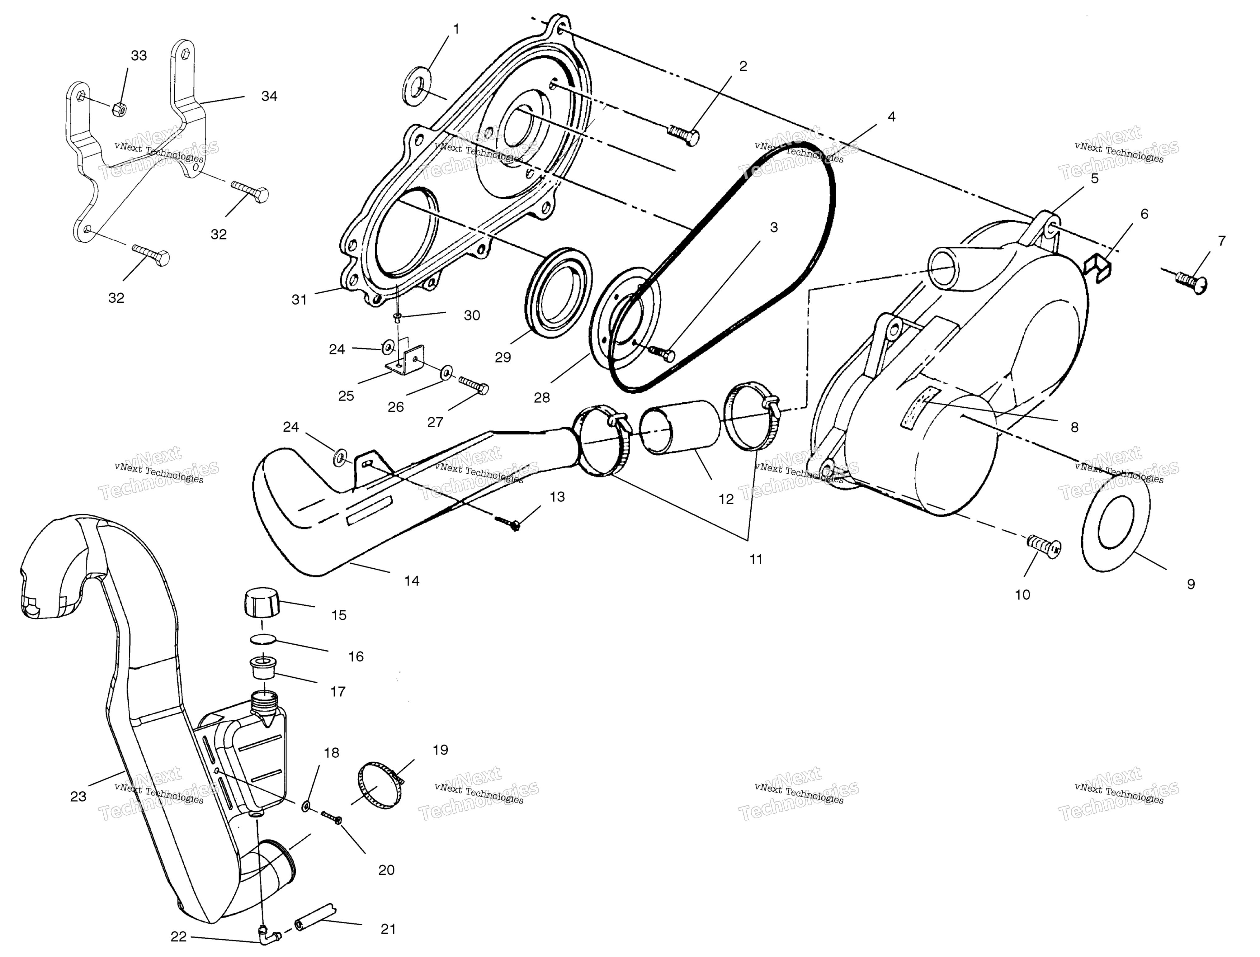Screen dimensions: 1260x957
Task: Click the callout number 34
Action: (269, 96)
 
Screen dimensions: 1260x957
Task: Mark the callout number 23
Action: (78, 796)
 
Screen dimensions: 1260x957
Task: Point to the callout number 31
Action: (299, 300)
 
